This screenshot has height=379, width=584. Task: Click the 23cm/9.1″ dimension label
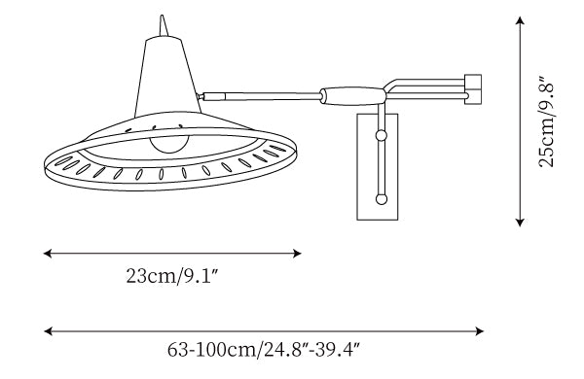(x=171, y=276)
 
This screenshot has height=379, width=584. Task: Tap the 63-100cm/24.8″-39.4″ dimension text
(x=264, y=350)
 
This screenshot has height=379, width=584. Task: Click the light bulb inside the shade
(x=169, y=144)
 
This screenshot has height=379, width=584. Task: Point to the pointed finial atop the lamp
(x=163, y=25)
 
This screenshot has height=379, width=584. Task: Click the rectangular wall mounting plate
(x=378, y=167)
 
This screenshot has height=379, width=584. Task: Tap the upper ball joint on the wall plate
(x=381, y=135)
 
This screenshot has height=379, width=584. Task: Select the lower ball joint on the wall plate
(x=381, y=199)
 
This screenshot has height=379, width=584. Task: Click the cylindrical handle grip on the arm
(x=353, y=96)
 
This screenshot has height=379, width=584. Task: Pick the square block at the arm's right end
(x=473, y=89)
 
